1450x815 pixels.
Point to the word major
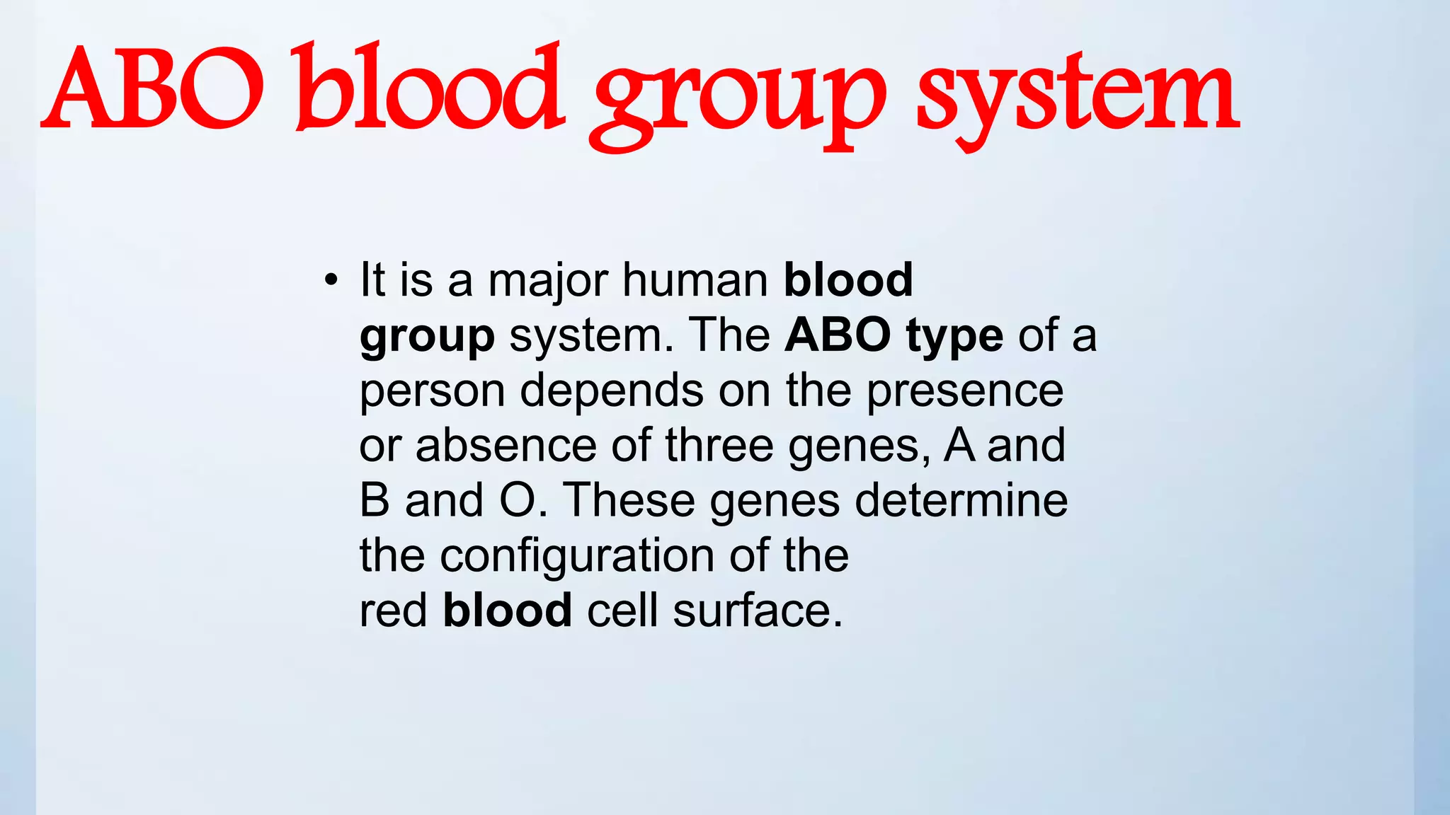[548, 280]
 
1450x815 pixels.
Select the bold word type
[954, 335]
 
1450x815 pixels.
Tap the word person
[432, 391]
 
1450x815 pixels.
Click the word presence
[965, 391]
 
